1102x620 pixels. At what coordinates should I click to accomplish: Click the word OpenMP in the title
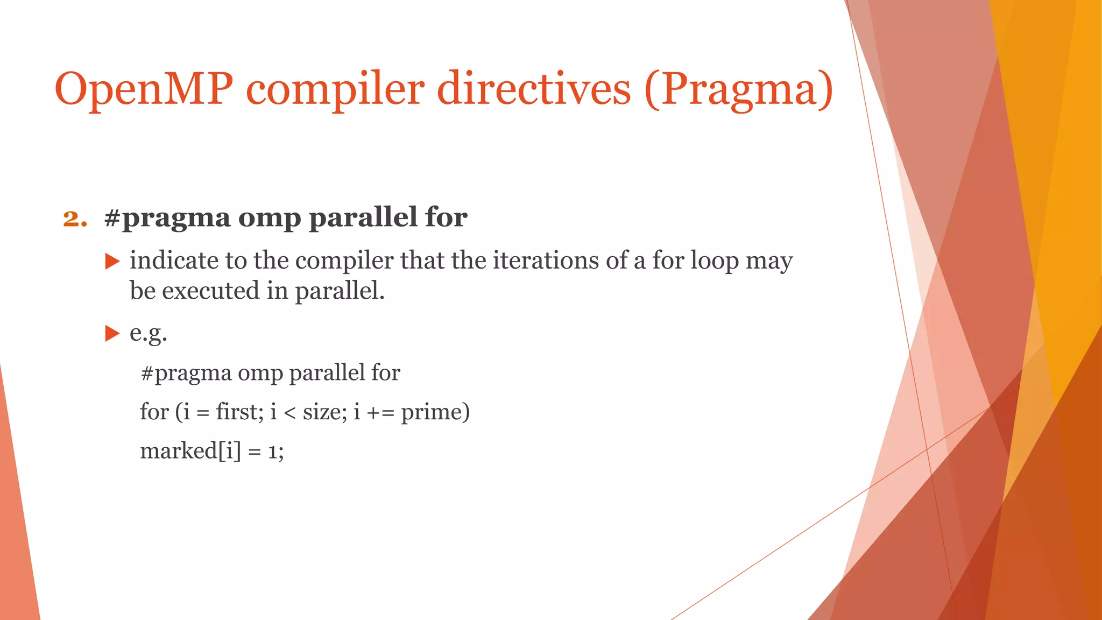pyautogui.click(x=144, y=89)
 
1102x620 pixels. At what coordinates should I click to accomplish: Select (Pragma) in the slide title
pyautogui.click(x=738, y=89)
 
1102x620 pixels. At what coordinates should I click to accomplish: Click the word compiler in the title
pyautogui.click(x=335, y=89)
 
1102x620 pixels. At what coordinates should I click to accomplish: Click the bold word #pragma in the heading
pyautogui.click(x=167, y=219)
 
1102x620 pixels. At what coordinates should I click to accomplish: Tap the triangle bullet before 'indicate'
pyautogui.click(x=112, y=262)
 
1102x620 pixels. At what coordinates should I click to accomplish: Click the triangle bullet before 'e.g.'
pyautogui.click(x=112, y=333)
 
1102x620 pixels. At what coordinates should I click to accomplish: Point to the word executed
pyautogui.click(x=211, y=291)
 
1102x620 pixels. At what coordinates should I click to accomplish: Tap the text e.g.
pyautogui.click(x=149, y=333)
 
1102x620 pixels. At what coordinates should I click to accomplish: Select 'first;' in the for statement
pyautogui.click(x=239, y=412)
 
